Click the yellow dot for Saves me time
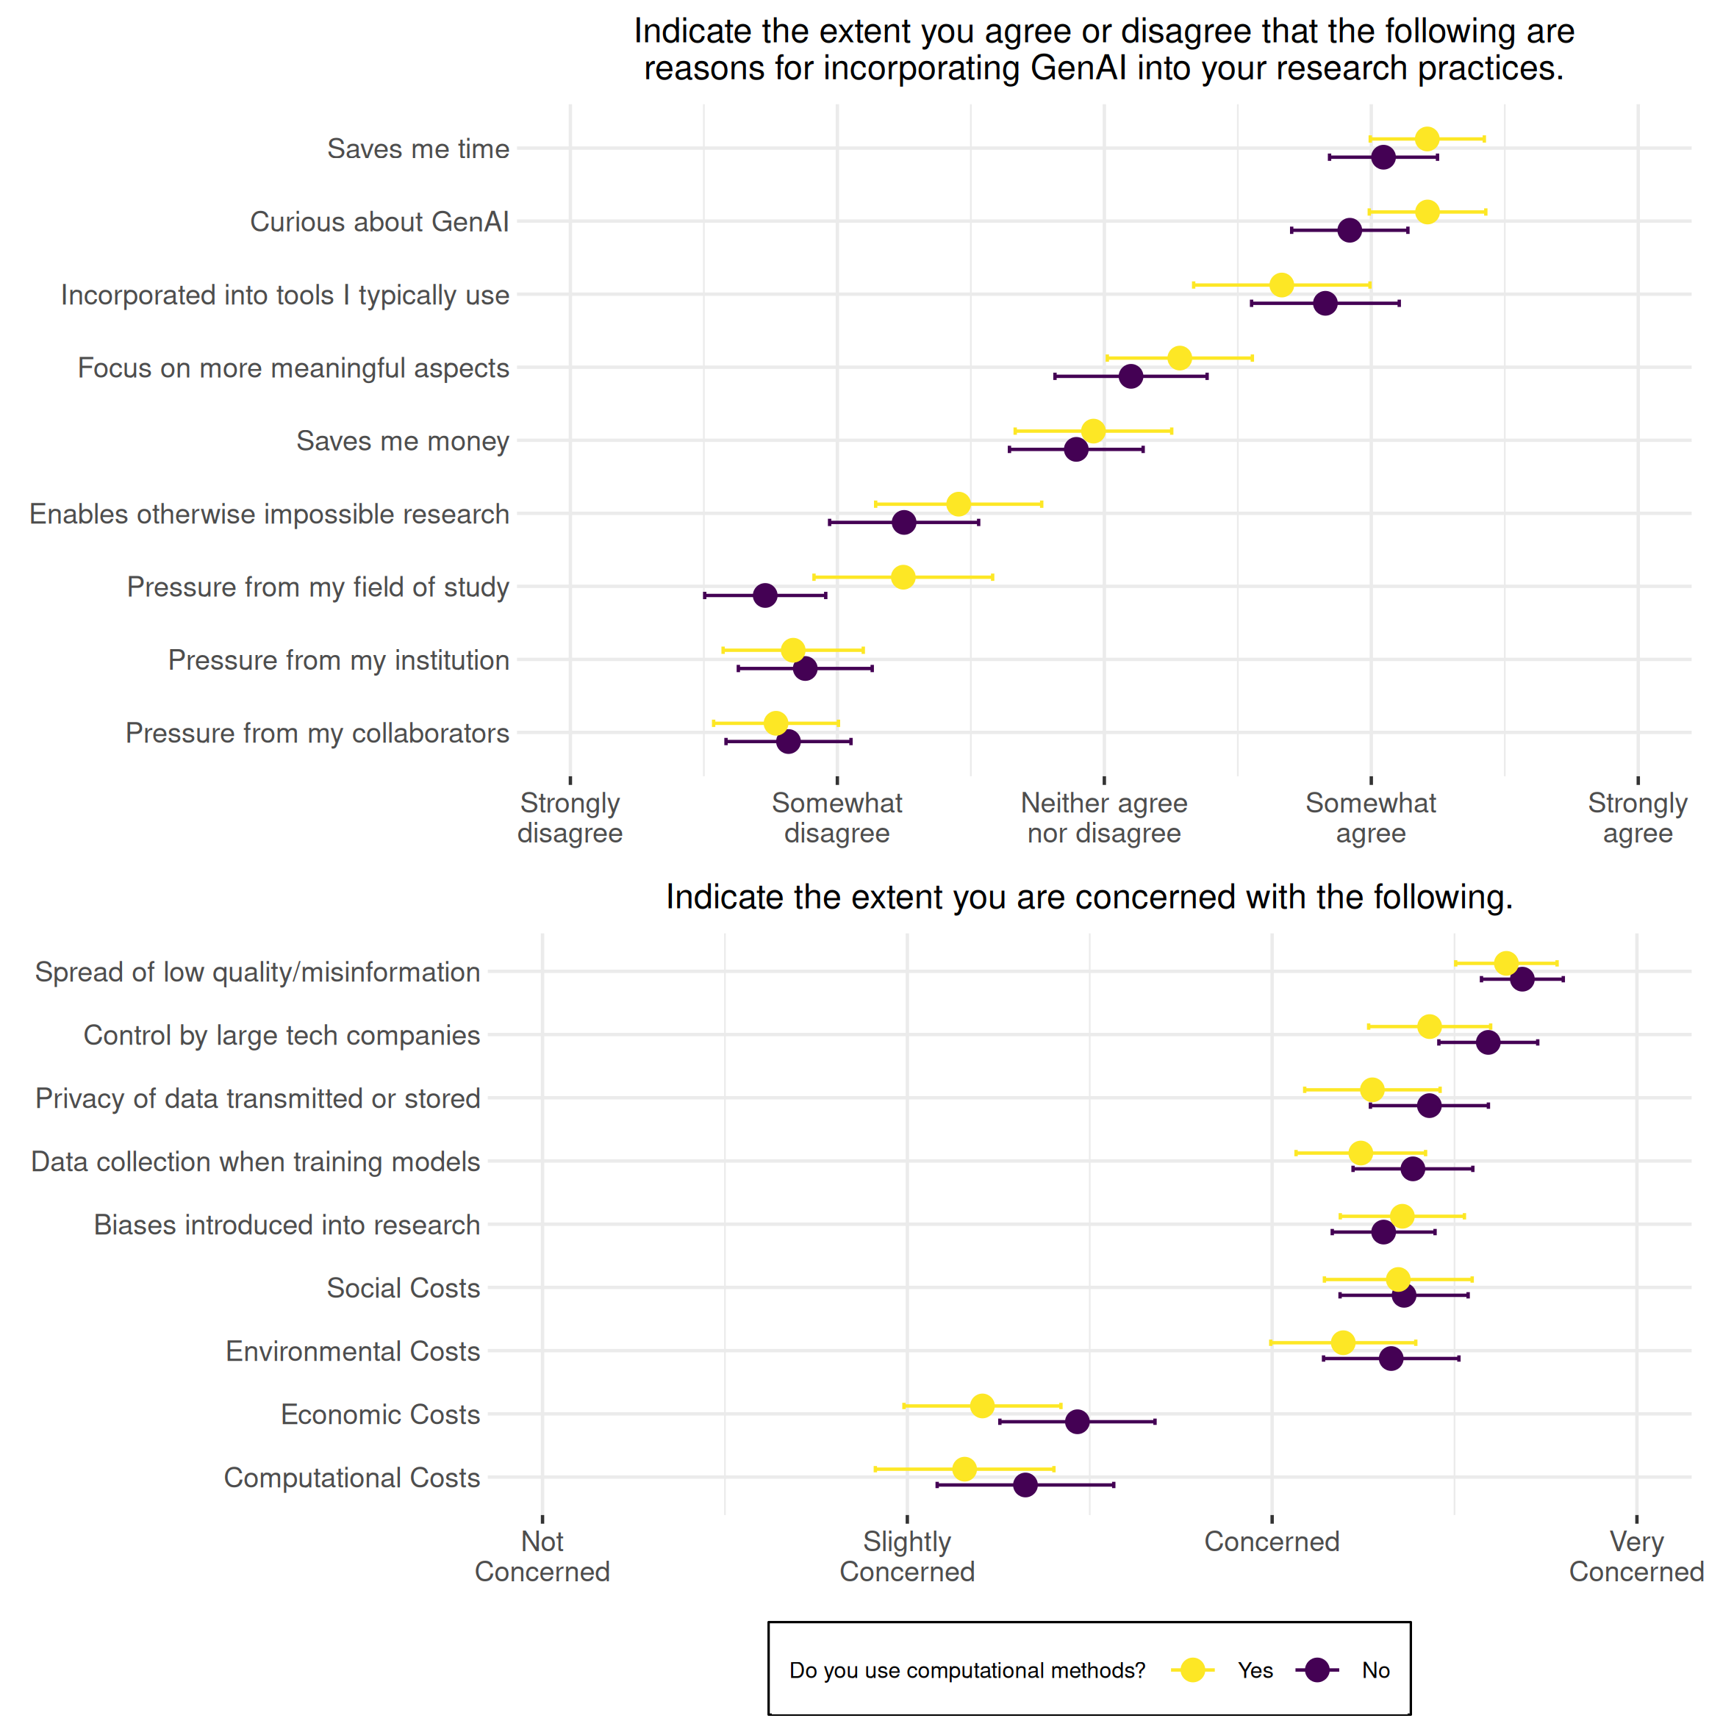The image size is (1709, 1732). click(1427, 139)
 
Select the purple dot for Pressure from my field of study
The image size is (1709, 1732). click(764, 595)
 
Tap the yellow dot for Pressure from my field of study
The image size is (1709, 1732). click(903, 576)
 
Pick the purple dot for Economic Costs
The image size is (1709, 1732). click(1077, 1421)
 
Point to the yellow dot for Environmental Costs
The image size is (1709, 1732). click(1342, 1342)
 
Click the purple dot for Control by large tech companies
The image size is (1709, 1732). click(1488, 1042)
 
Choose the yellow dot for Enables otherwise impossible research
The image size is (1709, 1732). click(958, 504)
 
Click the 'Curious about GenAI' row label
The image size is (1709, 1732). click(379, 221)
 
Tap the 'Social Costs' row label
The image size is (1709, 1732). click(404, 1287)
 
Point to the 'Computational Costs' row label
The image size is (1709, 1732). click(351, 1478)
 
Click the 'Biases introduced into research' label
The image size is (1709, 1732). click(287, 1225)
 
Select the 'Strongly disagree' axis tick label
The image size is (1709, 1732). click(570, 817)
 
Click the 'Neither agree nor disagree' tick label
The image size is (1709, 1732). click(1104, 817)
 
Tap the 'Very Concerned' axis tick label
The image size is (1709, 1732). click(1636, 1556)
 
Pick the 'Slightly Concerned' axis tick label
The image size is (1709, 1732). click(907, 1556)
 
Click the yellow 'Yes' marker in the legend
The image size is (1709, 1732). click(1192, 1670)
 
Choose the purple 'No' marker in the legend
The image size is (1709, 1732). click(1316, 1670)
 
